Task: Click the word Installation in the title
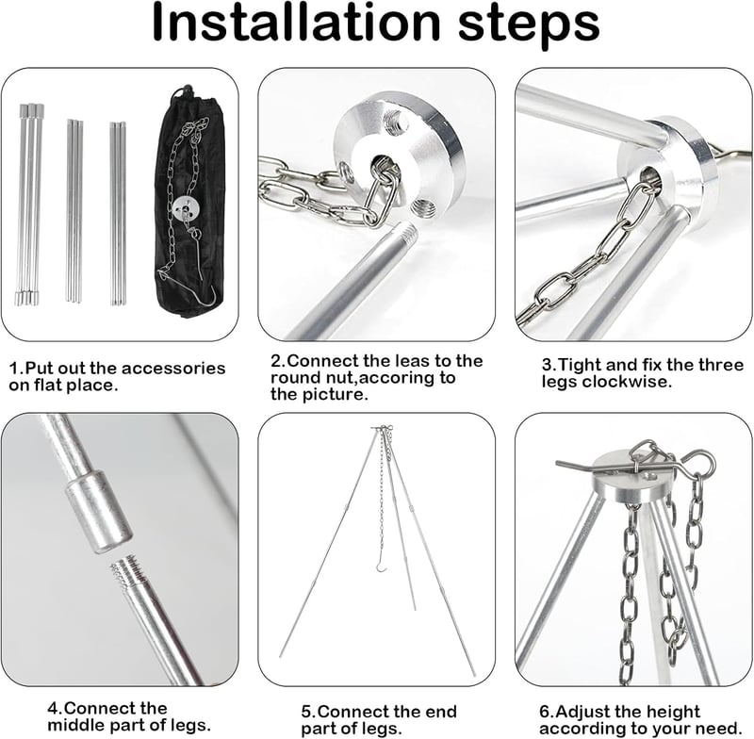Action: tap(296, 23)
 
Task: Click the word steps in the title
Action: tap(530, 25)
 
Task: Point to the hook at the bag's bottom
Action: tap(205, 297)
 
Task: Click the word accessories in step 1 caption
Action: tap(173, 369)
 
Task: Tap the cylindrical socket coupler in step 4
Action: tap(99, 512)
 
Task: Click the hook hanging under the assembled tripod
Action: tap(383, 566)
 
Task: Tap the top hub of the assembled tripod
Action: tap(382, 427)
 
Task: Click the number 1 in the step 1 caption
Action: tap(13, 369)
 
